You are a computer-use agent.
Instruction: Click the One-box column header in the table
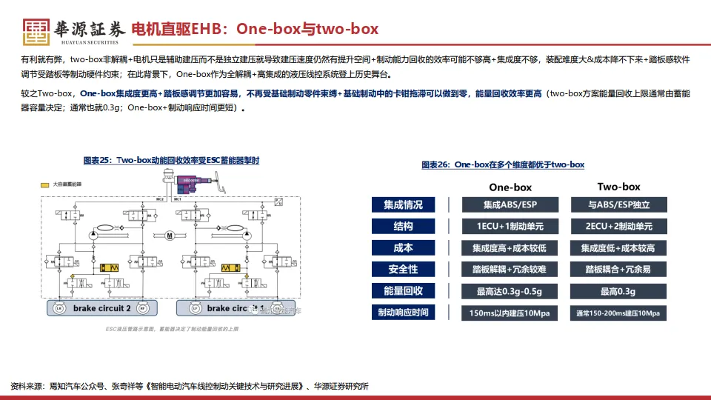point(510,187)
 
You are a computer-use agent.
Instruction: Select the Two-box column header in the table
point(618,187)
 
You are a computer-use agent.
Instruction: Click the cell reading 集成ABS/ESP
point(510,205)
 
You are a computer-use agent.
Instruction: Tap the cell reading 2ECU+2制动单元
point(618,227)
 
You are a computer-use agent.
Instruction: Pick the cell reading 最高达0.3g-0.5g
point(510,291)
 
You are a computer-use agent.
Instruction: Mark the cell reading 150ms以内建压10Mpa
point(510,313)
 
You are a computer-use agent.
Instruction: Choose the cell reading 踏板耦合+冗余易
point(618,270)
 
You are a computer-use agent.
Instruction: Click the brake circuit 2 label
point(101,307)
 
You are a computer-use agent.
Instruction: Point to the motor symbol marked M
point(170,236)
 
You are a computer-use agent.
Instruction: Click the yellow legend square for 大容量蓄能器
point(45,183)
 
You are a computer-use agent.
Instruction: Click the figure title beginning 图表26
point(503,164)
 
